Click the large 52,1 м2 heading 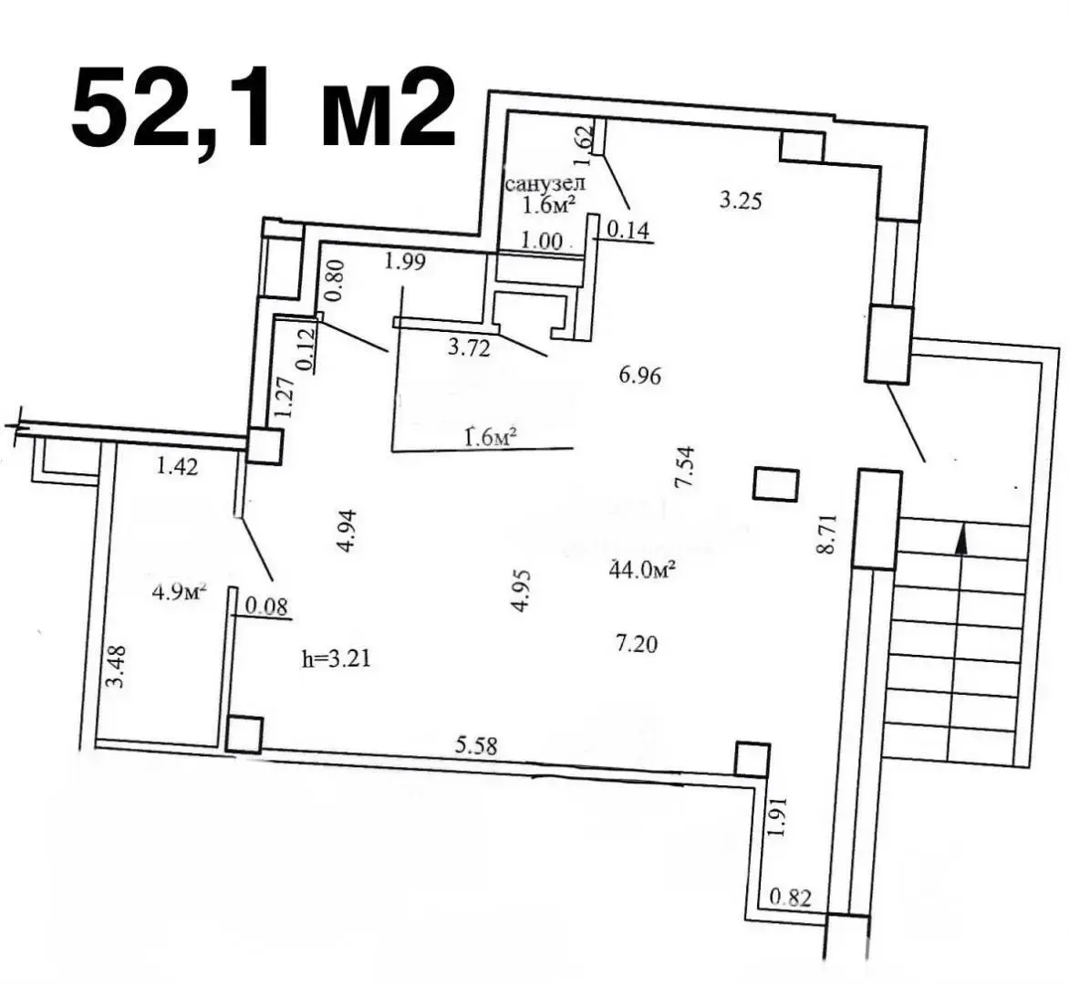coord(264,109)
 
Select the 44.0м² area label coord(641,568)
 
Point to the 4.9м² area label coord(180,590)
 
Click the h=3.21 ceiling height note coord(336,658)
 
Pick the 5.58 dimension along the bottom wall coord(476,745)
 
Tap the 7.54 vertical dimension coord(684,466)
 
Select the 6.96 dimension coord(639,375)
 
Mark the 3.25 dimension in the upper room coord(740,201)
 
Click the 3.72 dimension coord(469,348)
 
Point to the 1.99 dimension coord(405,261)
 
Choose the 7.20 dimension coord(636,643)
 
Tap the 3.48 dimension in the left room coord(118,667)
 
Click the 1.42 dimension coord(177,466)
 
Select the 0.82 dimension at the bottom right coord(791,897)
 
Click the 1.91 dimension coord(778,816)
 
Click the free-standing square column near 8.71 coord(775,484)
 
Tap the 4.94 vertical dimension coord(348,531)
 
